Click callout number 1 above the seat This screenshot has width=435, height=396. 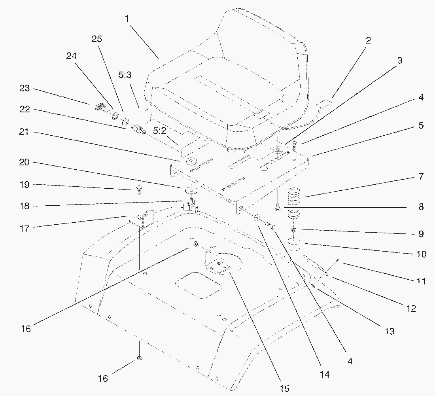127,19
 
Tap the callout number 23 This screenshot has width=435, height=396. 25,88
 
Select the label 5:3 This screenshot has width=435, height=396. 125,75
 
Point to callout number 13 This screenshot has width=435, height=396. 390,331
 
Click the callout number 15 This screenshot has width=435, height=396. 284,388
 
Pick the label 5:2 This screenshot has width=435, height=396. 159,131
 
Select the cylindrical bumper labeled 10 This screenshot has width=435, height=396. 294,244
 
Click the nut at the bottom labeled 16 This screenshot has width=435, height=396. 139,358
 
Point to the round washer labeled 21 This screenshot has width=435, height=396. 191,161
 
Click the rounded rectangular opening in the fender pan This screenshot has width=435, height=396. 199,285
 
